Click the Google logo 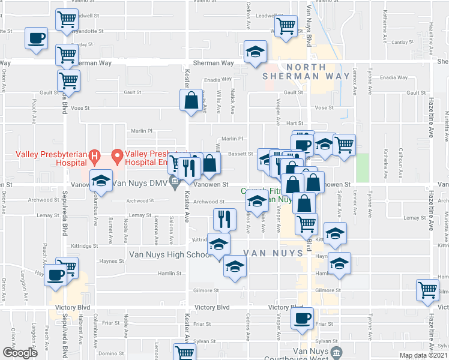tap(20, 353)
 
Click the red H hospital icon tap(94, 157)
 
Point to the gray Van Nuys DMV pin tap(175, 185)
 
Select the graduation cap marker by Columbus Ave tap(101, 181)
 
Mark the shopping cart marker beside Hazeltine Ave tap(428, 290)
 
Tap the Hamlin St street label tap(170, 274)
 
